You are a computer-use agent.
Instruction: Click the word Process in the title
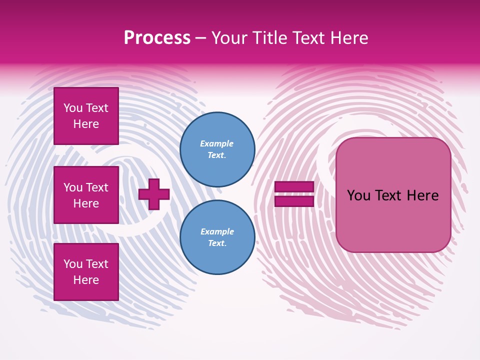pos(157,38)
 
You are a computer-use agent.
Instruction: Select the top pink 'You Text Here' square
pos(86,116)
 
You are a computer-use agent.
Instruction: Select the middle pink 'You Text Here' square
pos(86,195)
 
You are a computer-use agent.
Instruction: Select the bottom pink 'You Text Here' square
pos(86,272)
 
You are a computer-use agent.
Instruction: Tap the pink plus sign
pos(153,194)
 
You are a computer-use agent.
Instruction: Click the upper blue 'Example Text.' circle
pos(217,149)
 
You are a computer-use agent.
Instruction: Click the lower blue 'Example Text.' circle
pos(217,237)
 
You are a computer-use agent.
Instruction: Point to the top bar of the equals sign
pos(294,187)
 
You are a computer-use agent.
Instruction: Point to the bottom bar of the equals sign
pos(294,201)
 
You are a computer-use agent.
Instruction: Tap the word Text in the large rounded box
pos(393,195)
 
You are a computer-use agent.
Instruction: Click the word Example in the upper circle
pos(216,143)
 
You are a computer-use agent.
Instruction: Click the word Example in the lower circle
pos(216,231)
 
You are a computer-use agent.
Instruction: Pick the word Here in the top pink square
pos(86,124)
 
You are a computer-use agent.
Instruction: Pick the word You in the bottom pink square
pos(73,264)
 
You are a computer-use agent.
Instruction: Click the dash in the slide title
pos(200,38)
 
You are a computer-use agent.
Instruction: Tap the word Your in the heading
pos(229,38)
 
